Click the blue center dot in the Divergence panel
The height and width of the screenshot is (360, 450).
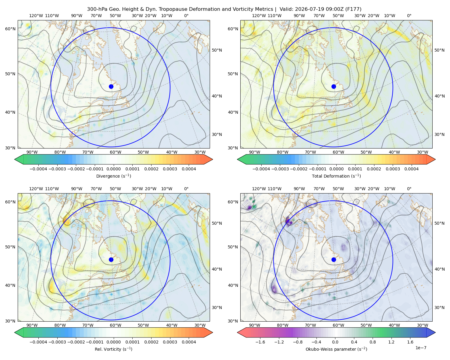(x=111, y=86)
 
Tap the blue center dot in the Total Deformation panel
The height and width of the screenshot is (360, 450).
(x=334, y=86)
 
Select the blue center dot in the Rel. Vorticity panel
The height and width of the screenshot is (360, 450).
(x=111, y=259)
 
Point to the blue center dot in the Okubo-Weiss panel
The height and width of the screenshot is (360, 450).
(x=334, y=259)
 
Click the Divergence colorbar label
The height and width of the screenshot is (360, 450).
(x=113, y=176)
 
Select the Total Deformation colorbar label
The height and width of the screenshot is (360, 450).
(x=336, y=176)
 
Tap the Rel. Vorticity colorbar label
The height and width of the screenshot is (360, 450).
(x=113, y=349)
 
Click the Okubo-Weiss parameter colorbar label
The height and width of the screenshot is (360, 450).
(x=336, y=349)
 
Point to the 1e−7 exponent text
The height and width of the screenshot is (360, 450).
(x=421, y=348)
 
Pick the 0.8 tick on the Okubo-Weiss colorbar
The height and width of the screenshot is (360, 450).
(x=373, y=342)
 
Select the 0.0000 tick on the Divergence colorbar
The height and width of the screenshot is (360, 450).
(x=113, y=169)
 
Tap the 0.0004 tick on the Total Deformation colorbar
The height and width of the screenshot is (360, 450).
(x=411, y=169)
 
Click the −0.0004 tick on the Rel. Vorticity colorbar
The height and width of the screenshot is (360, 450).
(x=38, y=342)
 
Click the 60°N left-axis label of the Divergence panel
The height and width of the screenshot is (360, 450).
(x=10, y=29)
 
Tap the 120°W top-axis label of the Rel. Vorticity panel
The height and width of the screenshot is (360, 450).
(x=36, y=189)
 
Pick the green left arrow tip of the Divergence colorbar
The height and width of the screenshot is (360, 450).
(x=15, y=159)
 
